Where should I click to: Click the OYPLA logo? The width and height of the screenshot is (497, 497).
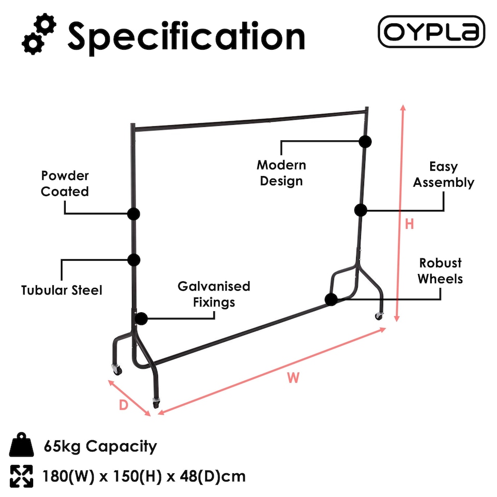[431, 32]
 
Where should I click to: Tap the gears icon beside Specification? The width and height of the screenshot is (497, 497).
[39, 34]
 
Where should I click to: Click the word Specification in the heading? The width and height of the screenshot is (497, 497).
[186, 37]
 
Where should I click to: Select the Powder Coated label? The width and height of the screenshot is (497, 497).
[65, 183]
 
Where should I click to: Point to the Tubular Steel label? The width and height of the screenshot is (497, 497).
[62, 290]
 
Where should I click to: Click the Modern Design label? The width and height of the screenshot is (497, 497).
[281, 173]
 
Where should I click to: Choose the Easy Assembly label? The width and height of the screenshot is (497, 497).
[444, 174]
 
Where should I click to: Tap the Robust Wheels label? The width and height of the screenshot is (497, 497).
[440, 271]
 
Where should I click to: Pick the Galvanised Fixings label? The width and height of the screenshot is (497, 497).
[214, 294]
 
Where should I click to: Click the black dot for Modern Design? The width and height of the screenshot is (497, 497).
[365, 142]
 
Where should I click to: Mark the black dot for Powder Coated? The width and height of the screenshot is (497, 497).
[134, 214]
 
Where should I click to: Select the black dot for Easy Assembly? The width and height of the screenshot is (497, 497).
[361, 210]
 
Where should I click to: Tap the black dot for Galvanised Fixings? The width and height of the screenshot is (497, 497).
[141, 318]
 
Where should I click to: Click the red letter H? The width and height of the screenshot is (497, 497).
[409, 224]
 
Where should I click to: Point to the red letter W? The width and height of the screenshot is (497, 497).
[293, 377]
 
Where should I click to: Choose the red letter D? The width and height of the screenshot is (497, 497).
[123, 405]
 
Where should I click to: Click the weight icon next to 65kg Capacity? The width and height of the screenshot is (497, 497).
[21, 444]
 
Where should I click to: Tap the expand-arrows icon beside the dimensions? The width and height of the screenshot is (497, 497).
[21, 476]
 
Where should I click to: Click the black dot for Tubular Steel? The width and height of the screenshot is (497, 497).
[134, 260]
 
